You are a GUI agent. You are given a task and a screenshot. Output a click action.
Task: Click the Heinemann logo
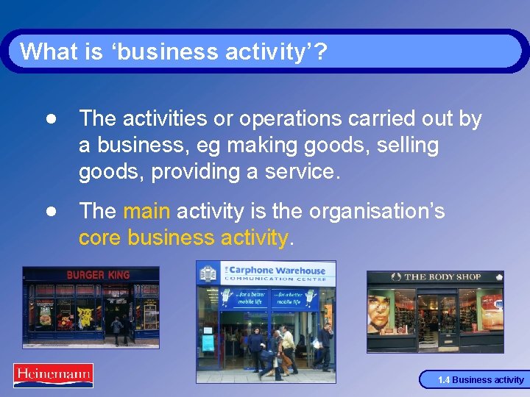(53, 375)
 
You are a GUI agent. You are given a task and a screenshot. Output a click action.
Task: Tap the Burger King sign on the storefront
(98, 275)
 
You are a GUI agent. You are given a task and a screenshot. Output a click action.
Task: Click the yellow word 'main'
(146, 212)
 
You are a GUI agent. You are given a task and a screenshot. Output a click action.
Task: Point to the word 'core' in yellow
(100, 238)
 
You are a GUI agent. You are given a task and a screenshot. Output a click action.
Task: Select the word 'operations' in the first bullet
(264, 118)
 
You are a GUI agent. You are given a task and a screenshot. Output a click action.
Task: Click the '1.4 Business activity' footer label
(481, 380)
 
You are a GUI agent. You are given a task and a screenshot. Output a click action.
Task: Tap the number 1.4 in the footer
(444, 380)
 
